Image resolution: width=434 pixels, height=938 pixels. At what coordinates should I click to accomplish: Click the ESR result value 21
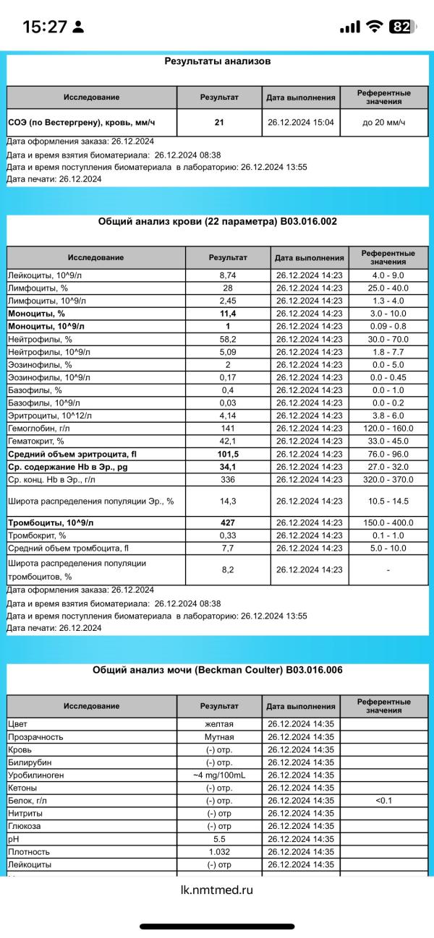click(219, 122)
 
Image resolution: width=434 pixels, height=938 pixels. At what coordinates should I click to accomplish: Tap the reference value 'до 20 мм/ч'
click(384, 122)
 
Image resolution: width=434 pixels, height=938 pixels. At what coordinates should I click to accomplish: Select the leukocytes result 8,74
click(228, 275)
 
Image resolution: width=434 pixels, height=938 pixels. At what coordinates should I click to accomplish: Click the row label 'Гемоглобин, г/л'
click(39, 428)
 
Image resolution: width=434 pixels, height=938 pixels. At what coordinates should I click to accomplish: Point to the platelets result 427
click(228, 522)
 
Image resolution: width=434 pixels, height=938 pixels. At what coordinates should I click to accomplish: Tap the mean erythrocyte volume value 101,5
click(228, 454)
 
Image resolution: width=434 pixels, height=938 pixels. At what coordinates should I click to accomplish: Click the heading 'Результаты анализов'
click(218, 61)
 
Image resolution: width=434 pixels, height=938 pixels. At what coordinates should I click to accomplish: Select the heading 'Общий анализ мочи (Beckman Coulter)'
click(217, 670)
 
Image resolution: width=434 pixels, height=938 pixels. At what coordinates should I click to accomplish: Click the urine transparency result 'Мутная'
click(219, 737)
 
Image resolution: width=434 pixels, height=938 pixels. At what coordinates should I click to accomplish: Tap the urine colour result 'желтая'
click(219, 724)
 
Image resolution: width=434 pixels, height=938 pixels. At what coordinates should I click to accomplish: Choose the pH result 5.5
click(219, 839)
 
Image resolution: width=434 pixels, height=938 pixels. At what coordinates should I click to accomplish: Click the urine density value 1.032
click(219, 852)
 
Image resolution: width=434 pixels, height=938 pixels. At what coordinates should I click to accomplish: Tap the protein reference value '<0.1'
click(383, 801)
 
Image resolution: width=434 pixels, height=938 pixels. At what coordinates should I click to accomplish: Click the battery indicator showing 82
click(402, 27)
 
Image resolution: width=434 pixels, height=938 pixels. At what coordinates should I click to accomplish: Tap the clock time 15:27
click(45, 27)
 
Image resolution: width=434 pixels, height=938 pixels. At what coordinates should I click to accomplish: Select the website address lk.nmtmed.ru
click(217, 890)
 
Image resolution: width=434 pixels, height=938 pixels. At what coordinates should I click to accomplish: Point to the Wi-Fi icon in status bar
click(374, 27)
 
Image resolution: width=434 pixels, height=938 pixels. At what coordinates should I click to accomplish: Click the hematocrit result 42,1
click(228, 441)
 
